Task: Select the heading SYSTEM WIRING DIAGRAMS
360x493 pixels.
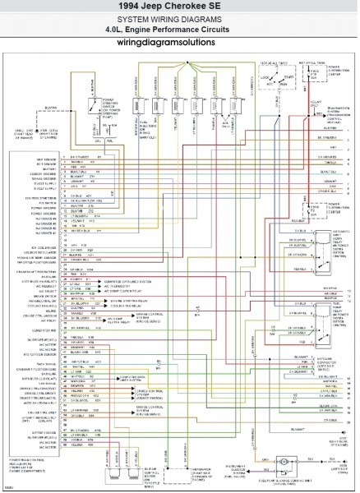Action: coord(179,19)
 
